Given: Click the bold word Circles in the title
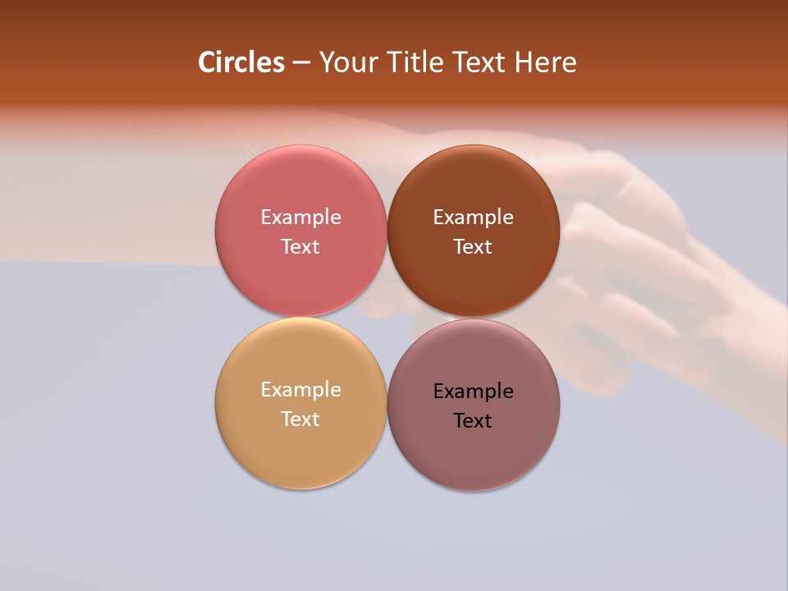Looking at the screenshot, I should pyautogui.click(x=241, y=62).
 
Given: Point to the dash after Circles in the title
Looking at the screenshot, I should pyautogui.click(x=301, y=62).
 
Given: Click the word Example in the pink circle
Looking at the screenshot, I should pyautogui.click(x=300, y=218).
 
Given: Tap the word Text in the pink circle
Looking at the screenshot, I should pyautogui.click(x=300, y=247).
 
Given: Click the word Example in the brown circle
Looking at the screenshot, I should pyautogui.click(x=473, y=218).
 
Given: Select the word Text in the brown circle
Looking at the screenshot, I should pyautogui.click(x=473, y=247).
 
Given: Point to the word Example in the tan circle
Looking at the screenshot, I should pyautogui.click(x=300, y=390).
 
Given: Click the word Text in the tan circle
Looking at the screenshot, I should pyautogui.click(x=300, y=419).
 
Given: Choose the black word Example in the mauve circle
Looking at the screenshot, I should pyautogui.click(x=473, y=392).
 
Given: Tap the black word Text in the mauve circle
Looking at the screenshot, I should pyautogui.click(x=473, y=421).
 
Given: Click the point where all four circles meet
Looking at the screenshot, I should pyautogui.click(x=387, y=318).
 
